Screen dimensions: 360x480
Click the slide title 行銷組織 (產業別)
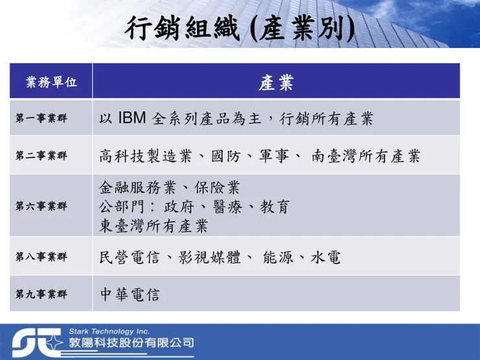pyautogui.click(x=239, y=29)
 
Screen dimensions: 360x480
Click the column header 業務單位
pyautogui.click(x=51, y=82)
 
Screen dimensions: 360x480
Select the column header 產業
pyautogui.click(x=276, y=82)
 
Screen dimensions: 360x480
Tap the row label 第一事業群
pyautogui.click(x=42, y=119)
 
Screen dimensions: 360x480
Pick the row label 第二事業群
pyautogui.click(x=42, y=156)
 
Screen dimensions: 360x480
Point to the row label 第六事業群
pyautogui.click(x=42, y=206)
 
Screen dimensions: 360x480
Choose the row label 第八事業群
pyautogui.click(x=42, y=257)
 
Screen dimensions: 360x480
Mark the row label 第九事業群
pyautogui.click(x=42, y=294)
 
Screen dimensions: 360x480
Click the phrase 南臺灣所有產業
pyautogui.click(x=365, y=156)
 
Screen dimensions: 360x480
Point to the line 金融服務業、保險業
pyautogui.click(x=169, y=188)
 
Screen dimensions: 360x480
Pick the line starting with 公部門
pyautogui.click(x=194, y=207)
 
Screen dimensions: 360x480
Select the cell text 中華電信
pyautogui.click(x=130, y=294)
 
